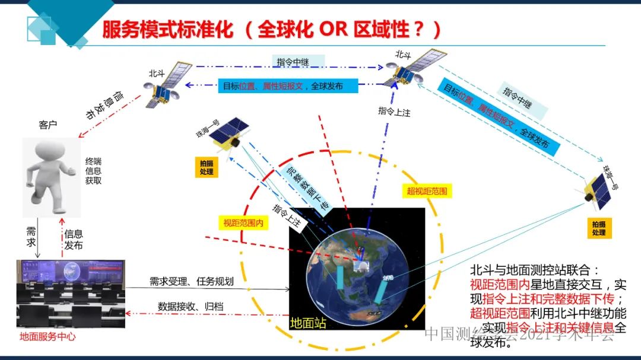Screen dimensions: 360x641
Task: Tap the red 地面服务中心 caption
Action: [47, 337]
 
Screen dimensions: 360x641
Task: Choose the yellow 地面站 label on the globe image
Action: [307, 323]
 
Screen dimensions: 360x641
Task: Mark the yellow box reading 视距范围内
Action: [243, 223]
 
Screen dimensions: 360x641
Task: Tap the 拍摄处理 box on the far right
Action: [598, 228]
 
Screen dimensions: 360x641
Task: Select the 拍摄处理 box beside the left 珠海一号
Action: [206, 168]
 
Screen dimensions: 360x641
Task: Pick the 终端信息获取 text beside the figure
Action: [93, 171]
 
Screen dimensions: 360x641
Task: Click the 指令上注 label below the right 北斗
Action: [394, 111]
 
